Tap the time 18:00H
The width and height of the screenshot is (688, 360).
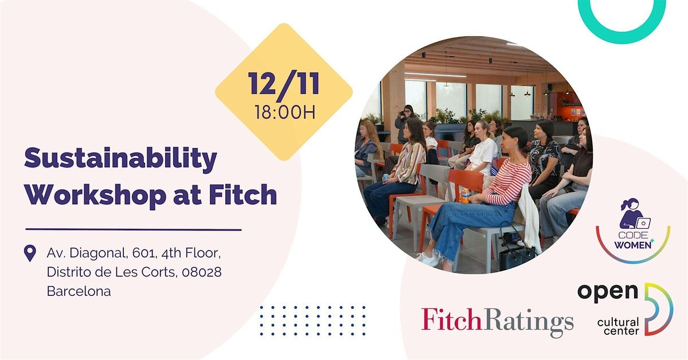[x=285, y=112]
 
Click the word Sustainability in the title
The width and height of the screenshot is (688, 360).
[x=120, y=158]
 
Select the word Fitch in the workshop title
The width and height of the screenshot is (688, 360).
[x=243, y=194]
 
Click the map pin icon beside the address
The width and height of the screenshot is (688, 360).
[x=30, y=253]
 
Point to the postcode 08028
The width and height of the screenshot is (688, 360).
[x=201, y=272]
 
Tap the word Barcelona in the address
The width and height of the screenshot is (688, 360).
[x=79, y=291]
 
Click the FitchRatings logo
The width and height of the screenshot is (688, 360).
[x=497, y=322]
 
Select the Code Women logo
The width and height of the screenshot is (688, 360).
[x=633, y=230]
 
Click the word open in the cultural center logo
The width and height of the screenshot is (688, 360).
[x=608, y=293]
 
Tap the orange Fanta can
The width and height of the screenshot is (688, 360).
[x=465, y=195]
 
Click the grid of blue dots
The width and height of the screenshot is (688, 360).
[x=312, y=320]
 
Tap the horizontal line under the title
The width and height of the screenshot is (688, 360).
[x=133, y=229]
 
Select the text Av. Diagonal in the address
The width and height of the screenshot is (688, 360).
[x=87, y=253]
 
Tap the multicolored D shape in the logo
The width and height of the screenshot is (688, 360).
[x=660, y=309]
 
